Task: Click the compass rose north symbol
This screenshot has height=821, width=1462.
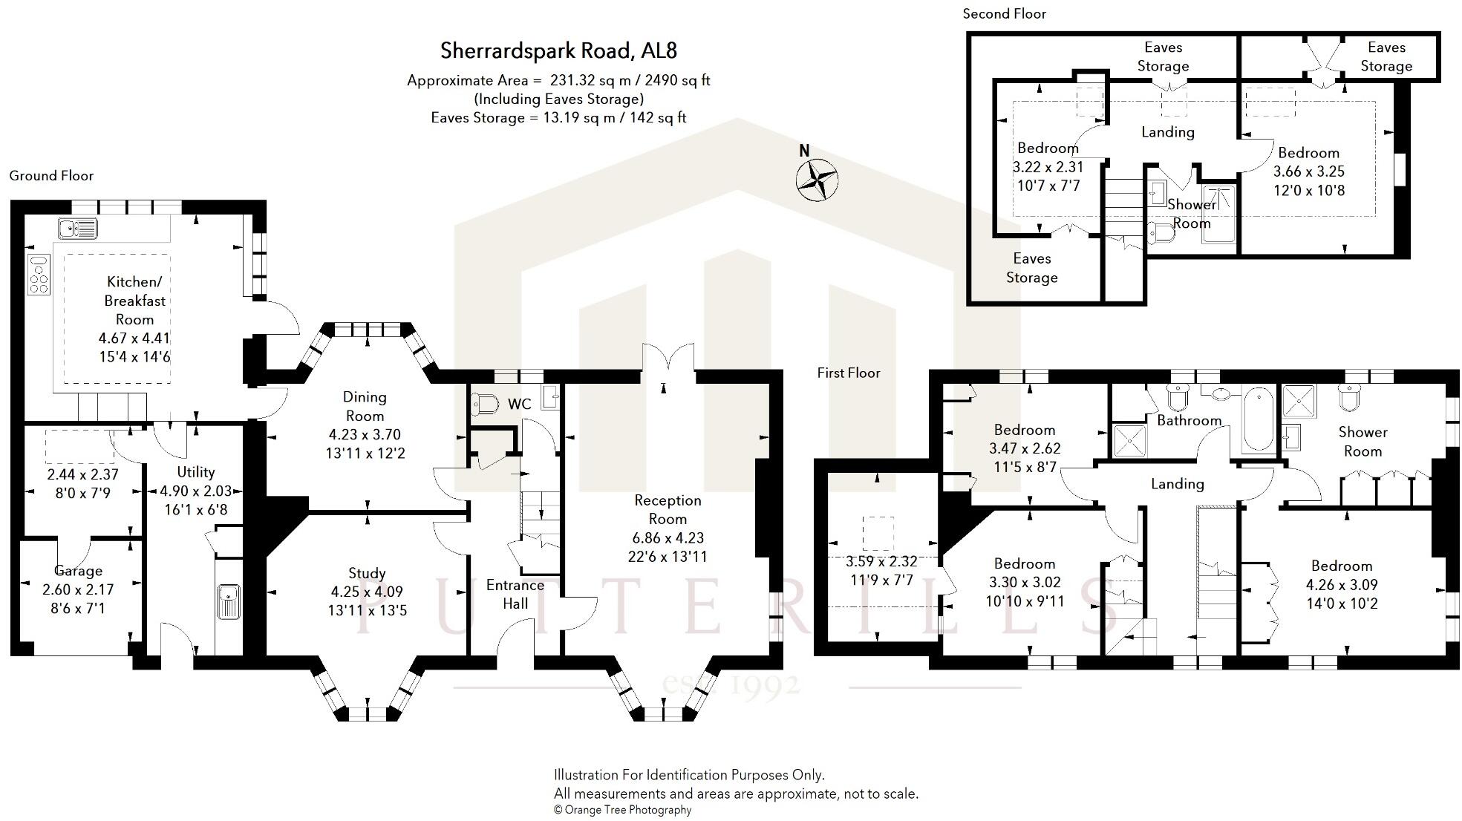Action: [x=817, y=178]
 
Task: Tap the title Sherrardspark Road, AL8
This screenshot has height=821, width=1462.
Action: [x=558, y=50]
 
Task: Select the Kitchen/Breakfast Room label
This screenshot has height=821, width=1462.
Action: [x=134, y=301]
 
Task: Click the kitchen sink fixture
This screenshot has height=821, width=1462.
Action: [x=77, y=228]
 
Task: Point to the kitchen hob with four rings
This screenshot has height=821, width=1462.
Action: [x=39, y=274]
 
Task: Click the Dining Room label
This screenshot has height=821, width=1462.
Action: [x=365, y=406]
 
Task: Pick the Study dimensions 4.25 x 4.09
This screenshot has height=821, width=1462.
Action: [x=367, y=592]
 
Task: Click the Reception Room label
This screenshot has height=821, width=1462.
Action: [x=668, y=509]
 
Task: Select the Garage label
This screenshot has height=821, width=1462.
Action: [x=78, y=571]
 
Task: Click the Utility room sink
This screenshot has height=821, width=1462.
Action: [x=229, y=601]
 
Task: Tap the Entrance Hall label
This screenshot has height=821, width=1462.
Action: [x=515, y=594]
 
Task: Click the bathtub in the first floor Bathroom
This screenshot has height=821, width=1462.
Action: [x=1258, y=419]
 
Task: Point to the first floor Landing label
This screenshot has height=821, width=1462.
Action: [x=1177, y=484]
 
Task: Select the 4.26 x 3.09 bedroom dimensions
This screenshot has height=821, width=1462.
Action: [x=1341, y=584]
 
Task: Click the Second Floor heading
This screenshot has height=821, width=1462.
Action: [x=1004, y=13]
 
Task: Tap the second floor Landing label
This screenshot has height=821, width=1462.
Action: [x=1167, y=132]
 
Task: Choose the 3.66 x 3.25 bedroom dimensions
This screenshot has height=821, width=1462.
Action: [x=1308, y=171]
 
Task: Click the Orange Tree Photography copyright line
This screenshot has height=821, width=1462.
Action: [x=622, y=810]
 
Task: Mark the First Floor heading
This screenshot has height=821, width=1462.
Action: [x=849, y=373]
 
